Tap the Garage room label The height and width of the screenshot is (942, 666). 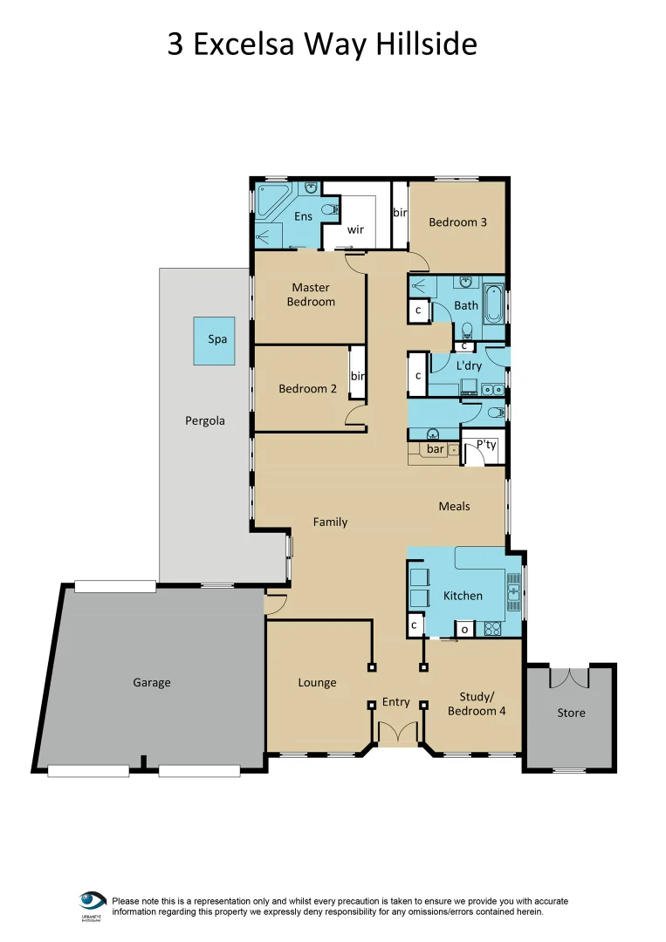151,682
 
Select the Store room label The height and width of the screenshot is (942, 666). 571,713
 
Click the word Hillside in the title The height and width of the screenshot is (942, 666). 426,44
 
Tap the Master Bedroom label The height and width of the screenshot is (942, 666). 312,294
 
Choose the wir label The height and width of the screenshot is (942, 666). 355,229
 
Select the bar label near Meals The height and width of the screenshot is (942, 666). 435,450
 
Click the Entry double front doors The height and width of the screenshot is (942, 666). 397,733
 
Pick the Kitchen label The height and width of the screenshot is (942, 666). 463,596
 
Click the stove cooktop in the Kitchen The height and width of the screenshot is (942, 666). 491,627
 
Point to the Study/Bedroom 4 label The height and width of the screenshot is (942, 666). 477,703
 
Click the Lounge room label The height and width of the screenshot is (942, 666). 317,682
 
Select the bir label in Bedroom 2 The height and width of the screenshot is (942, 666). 357,376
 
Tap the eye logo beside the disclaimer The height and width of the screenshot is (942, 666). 93,899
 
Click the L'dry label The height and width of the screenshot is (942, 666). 469,366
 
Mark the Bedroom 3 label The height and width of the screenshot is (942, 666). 457,222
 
